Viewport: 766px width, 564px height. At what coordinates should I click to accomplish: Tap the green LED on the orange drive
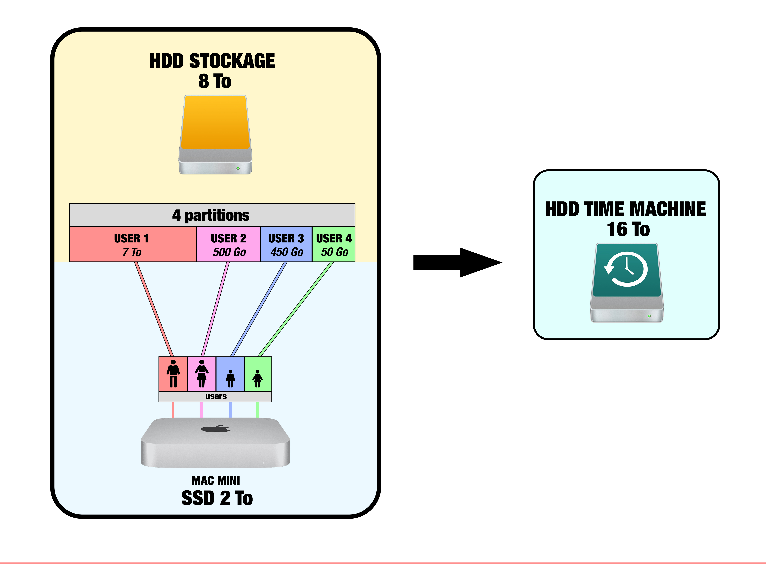(238, 168)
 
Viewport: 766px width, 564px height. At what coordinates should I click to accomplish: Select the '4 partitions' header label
(211, 215)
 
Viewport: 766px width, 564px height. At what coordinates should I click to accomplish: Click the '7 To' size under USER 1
(132, 252)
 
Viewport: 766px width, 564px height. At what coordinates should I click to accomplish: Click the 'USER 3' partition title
(286, 238)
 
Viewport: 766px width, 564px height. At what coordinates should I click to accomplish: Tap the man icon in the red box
(173, 374)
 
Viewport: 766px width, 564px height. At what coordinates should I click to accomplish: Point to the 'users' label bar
(216, 396)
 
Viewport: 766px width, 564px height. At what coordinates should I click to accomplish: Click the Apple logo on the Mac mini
(216, 428)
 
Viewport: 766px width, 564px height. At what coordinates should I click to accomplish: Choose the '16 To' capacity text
(628, 229)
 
